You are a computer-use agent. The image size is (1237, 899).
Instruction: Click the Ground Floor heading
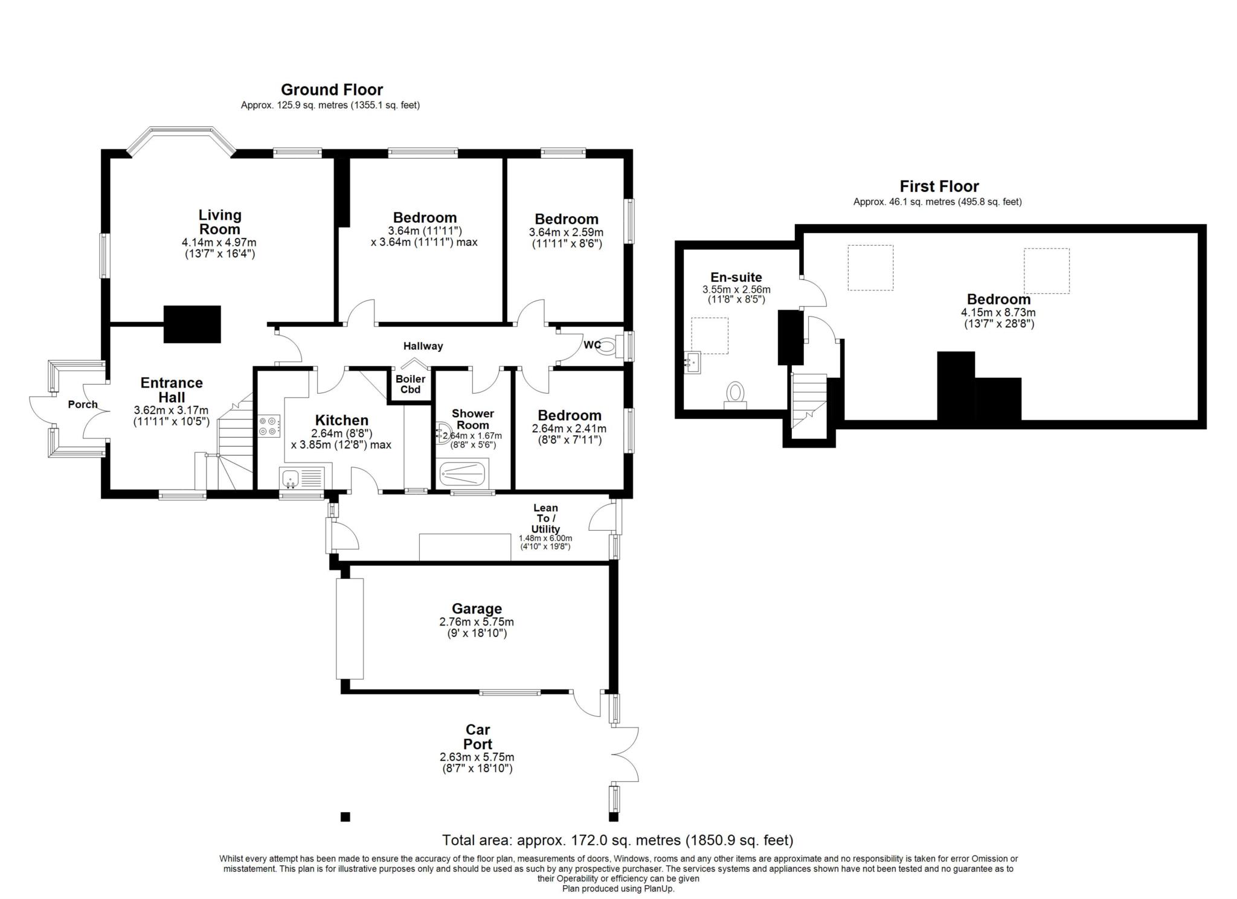coord(332,90)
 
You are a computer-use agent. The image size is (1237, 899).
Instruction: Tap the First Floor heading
coord(939,187)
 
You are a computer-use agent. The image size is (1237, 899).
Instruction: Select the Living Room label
coord(220,222)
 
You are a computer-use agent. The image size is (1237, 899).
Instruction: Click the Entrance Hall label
coord(172,390)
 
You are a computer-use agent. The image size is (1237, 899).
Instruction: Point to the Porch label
coord(83,405)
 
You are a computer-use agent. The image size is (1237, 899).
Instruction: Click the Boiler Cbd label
coord(410,384)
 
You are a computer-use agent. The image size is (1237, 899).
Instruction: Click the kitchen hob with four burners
coord(269,426)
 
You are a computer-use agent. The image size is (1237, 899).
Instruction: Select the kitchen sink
coord(302,478)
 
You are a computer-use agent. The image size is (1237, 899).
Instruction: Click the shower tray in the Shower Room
coord(462,475)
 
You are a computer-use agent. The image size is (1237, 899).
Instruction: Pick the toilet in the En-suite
coord(735,394)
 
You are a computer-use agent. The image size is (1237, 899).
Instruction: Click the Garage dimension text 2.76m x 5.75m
coord(477,622)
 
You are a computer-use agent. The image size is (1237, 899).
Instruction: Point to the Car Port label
coord(478,737)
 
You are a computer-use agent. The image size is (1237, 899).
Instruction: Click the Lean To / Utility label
coord(545,519)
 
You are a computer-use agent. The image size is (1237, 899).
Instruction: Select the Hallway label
coord(423,346)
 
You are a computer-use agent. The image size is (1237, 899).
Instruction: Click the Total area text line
coord(617,840)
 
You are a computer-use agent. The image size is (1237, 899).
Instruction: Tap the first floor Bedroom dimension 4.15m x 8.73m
coord(998,313)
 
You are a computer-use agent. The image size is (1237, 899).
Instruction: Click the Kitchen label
coord(342,420)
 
